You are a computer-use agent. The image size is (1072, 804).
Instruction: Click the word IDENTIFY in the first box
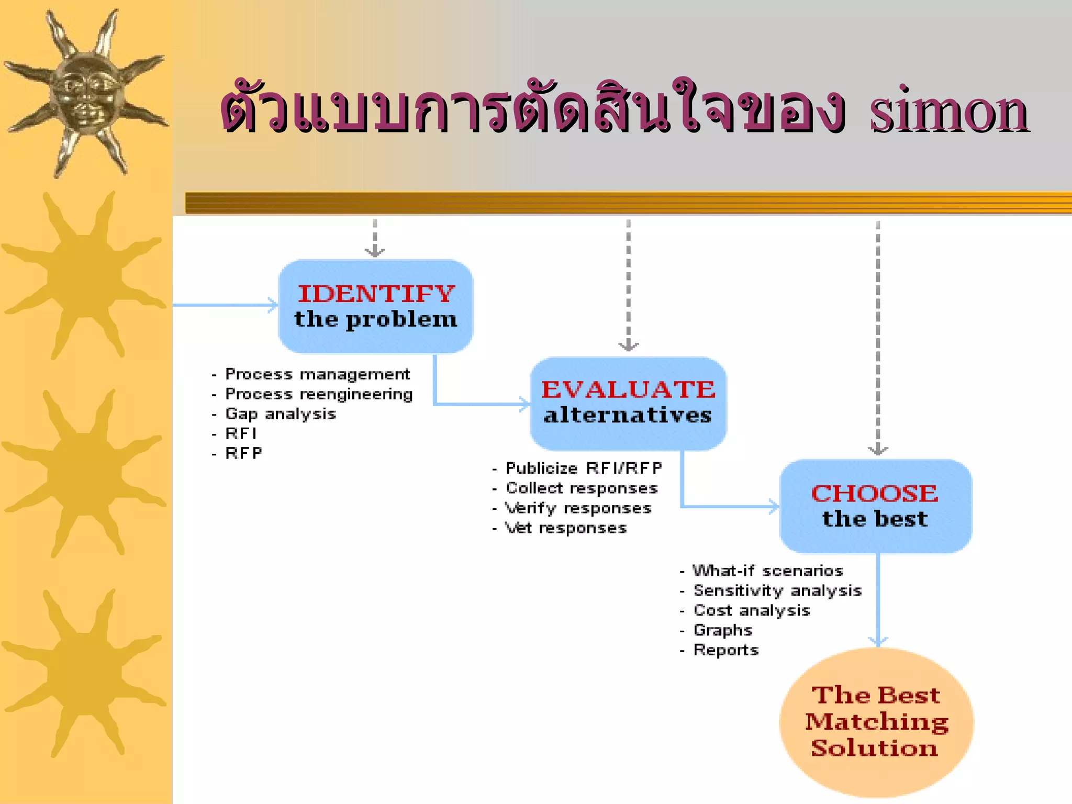point(376,294)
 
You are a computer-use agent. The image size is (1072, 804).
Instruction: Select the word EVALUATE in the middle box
point(628,389)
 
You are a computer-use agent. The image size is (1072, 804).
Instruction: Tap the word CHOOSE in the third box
point(875,494)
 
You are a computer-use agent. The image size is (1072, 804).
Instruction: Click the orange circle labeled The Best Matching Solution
point(876,722)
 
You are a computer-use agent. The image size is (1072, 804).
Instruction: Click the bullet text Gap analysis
point(281,414)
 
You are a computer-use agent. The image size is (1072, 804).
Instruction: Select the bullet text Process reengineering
point(319,394)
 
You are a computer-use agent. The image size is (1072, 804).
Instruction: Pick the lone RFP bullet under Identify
point(243,453)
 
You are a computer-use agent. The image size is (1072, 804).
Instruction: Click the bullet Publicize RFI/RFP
point(584,468)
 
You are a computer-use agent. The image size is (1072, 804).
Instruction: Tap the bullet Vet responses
point(565,528)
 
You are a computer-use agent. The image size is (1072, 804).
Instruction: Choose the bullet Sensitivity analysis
point(777,590)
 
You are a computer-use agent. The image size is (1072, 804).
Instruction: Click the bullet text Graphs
point(723,630)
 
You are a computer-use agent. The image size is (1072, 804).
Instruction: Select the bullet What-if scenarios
point(768,571)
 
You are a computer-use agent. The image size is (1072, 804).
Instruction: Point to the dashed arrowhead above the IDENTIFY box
point(375,252)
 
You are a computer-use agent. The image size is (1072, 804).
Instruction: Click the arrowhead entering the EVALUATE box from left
point(525,404)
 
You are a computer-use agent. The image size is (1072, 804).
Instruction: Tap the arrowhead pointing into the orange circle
point(878,641)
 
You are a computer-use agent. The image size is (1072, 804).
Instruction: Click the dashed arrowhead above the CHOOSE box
point(878,450)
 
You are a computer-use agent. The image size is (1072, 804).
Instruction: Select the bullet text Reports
point(726,650)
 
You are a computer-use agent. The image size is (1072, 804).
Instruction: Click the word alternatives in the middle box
point(628,415)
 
